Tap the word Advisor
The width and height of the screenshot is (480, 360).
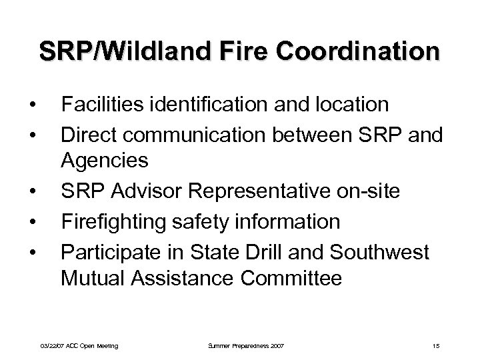(153, 191)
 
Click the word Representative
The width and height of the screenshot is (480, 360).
(265, 191)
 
